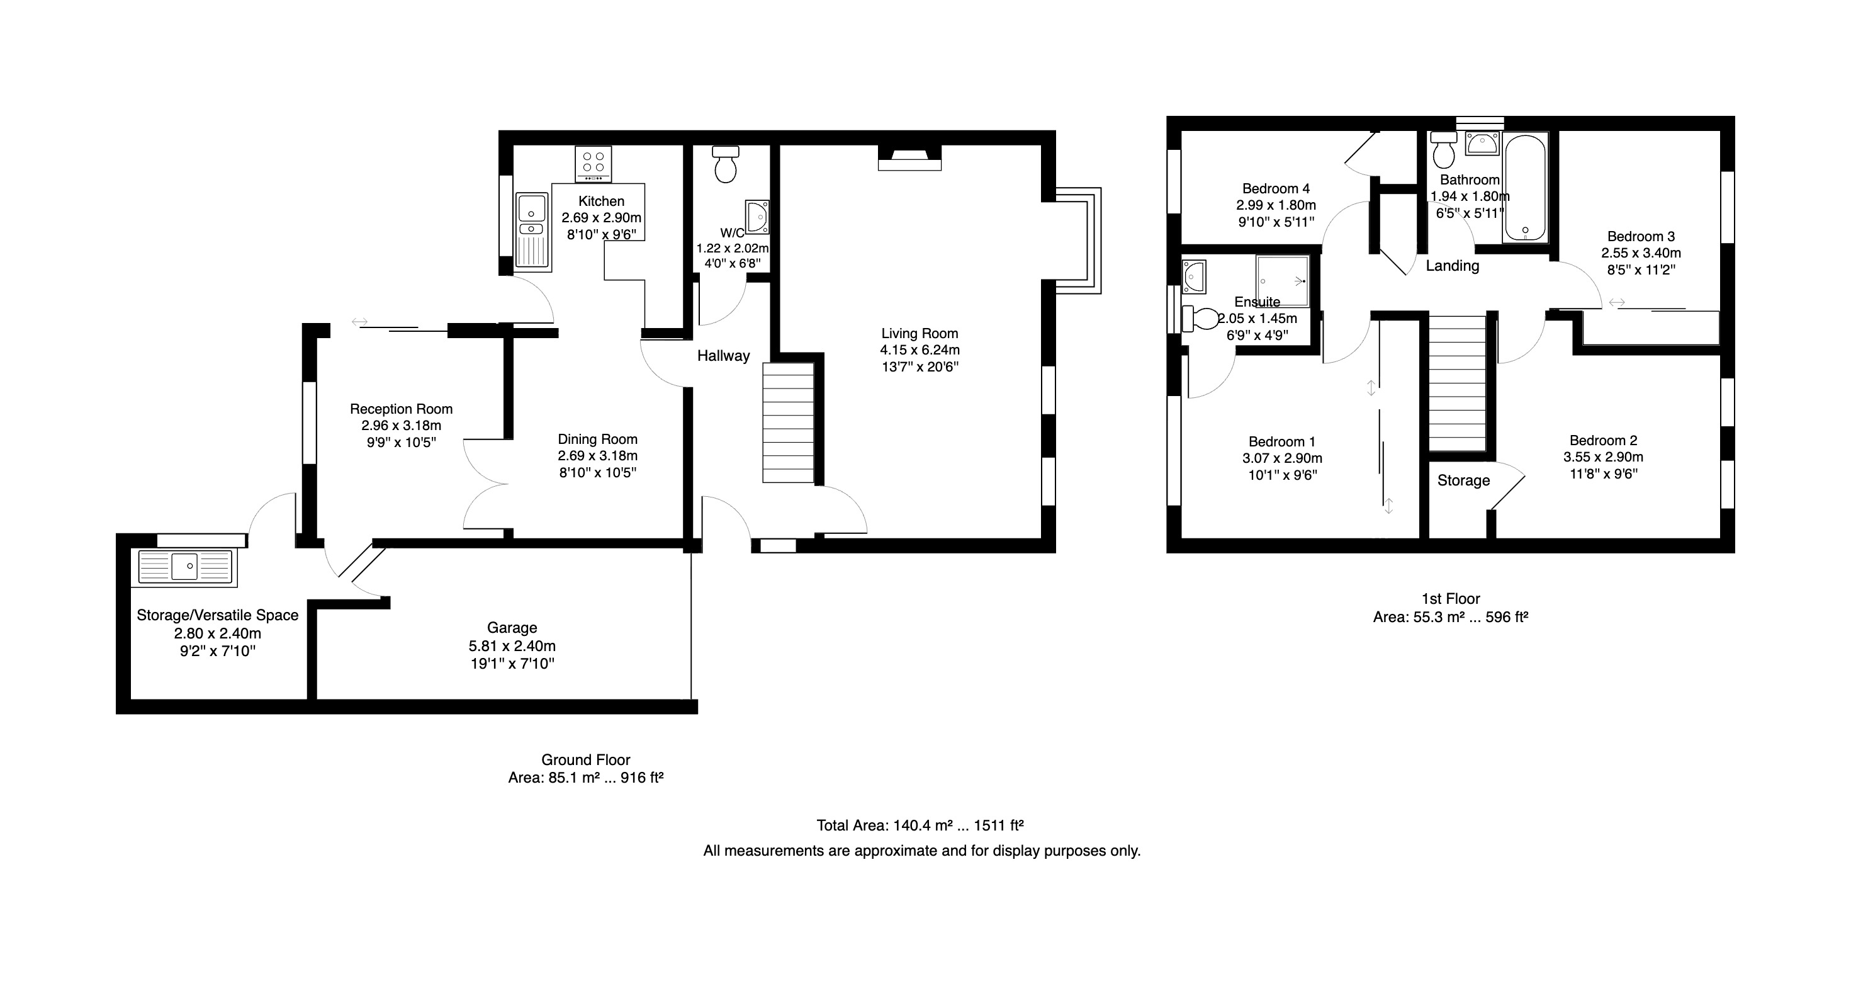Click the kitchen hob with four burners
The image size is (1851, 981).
(x=594, y=164)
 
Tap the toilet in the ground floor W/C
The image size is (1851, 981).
(x=726, y=164)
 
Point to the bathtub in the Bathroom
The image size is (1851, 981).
(x=1525, y=187)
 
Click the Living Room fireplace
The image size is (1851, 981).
(x=909, y=158)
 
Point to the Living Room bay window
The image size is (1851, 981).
(x=1078, y=241)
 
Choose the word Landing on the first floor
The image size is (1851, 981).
(x=1452, y=266)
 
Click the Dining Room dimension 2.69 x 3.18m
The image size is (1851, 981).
(x=598, y=456)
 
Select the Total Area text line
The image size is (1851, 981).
(x=920, y=825)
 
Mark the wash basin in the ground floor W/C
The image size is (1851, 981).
(x=757, y=217)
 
